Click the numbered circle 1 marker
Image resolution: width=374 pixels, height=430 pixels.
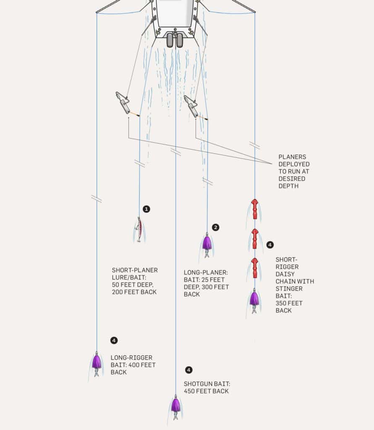pos(146,209)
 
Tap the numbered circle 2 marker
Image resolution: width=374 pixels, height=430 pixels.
pos(215,228)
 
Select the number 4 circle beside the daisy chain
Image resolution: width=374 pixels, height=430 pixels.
pos(270,244)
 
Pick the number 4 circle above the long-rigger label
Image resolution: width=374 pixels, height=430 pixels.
pos(114,340)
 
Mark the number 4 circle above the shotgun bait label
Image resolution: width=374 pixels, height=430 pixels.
pos(188,370)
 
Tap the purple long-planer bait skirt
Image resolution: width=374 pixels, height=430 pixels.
pos(207,243)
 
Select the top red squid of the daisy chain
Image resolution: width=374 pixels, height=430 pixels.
pos(254,208)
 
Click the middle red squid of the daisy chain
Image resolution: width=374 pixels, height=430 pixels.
pos(254,239)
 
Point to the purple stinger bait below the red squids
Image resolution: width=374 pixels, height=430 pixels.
pos(254,299)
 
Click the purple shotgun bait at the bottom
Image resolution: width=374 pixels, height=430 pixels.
pos(175,405)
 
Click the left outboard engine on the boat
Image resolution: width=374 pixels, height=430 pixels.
pos(170,40)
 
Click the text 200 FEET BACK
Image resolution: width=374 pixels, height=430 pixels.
pos(134,292)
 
